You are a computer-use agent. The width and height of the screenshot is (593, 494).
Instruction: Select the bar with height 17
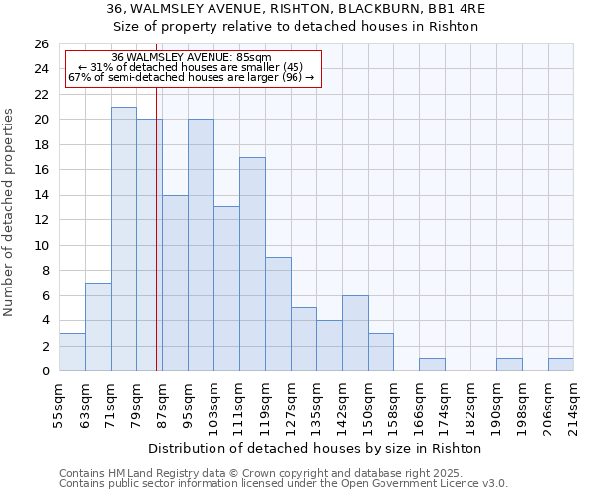[252, 264]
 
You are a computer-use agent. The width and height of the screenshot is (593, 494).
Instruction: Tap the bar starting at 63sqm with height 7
[98, 327]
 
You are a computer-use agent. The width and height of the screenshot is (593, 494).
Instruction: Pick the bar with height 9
[278, 314]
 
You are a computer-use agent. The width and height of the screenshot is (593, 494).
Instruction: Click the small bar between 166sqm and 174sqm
[432, 365]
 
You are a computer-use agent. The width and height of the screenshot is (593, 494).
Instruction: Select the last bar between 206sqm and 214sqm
[560, 365]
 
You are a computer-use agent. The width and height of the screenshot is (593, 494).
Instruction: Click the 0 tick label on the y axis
[44, 371]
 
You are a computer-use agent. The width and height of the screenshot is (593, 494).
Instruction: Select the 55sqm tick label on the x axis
[59, 403]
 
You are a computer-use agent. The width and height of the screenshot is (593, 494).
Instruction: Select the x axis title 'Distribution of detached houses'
[267, 448]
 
